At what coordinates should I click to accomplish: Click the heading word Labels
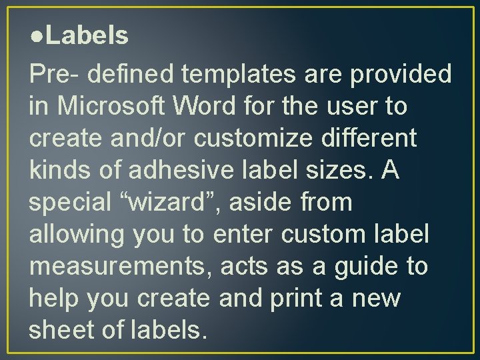87,35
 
